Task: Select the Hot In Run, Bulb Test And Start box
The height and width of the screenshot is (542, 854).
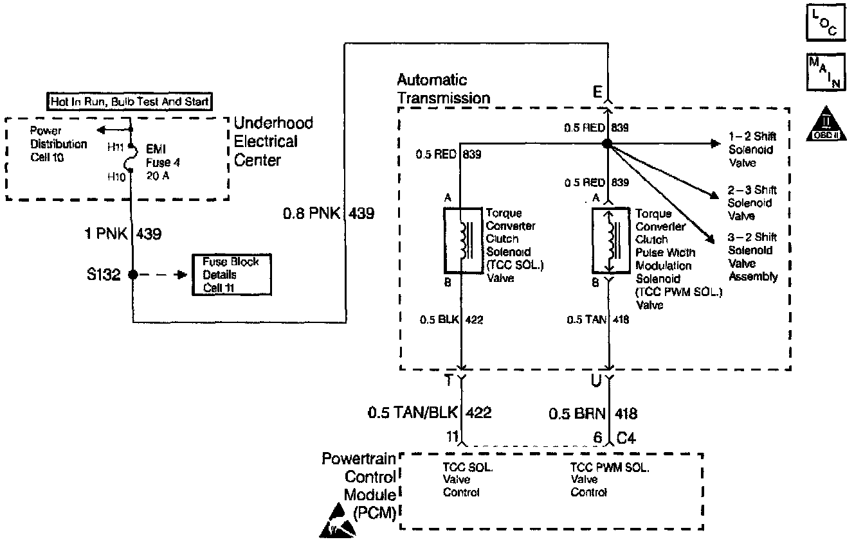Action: pos(131,101)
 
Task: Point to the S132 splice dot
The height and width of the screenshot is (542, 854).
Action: pos(132,275)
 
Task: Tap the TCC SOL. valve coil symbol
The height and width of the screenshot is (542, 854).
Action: pos(462,240)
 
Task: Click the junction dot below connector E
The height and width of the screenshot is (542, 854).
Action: pos(606,144)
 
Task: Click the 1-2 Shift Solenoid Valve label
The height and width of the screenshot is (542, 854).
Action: pos(752,150)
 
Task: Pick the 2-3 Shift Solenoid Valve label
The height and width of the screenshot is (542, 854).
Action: pos(752,203)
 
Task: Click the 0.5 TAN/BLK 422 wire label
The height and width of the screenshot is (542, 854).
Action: pos(430,412)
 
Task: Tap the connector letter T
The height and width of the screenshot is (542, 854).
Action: pos(450,380)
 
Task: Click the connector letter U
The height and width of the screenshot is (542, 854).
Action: pos(596,380)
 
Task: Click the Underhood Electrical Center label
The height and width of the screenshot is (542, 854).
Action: pos(273,141)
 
